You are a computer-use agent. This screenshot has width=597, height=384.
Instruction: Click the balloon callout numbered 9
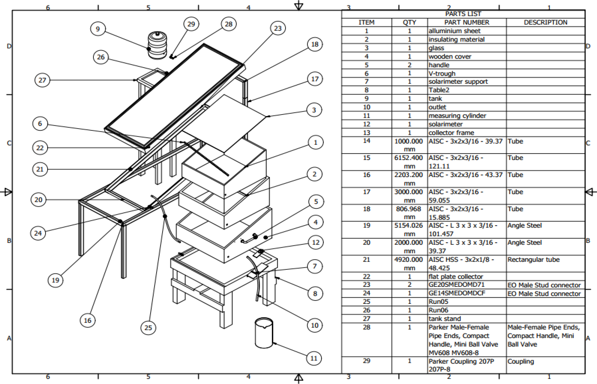click(x=98, y=29)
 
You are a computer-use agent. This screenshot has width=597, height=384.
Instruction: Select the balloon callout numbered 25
click(x=148, y=327)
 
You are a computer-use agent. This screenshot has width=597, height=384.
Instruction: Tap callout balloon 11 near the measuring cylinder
click(x=314, y=358)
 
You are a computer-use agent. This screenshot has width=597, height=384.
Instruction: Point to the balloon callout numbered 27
click(x=42, y=80)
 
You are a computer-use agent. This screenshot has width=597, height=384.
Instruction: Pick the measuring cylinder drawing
click(x=264, y=333)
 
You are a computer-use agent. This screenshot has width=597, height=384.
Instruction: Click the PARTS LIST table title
click(x=463, y=14)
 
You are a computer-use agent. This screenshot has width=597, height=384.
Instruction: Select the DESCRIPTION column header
click(x=545, y=22)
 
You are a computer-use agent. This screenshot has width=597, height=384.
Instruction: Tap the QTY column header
click(x=409, y=22)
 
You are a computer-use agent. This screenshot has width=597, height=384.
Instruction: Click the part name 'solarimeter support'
click(x=458, y=81)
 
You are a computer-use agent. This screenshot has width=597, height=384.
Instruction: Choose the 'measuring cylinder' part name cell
click(x=457, y=115)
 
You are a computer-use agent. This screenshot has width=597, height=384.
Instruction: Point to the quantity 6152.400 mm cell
click(x=409, y=162)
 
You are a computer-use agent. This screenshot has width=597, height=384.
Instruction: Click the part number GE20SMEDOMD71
click(x=456, y=284)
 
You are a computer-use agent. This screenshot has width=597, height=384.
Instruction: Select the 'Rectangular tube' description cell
click(x=533, y=260)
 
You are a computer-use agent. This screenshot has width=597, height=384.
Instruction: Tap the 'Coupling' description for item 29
click(x=520, y=361)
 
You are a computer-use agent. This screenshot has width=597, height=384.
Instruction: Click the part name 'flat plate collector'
click(x=455, y=277)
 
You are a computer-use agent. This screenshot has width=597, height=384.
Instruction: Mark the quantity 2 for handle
click(x=409, y=65)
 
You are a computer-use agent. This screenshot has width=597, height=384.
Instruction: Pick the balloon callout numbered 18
click(x=315, y=44)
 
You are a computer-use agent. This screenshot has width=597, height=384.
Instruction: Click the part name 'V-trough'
click(x=442, y=73)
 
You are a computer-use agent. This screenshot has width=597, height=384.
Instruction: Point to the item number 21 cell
click(x=367, y=260)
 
